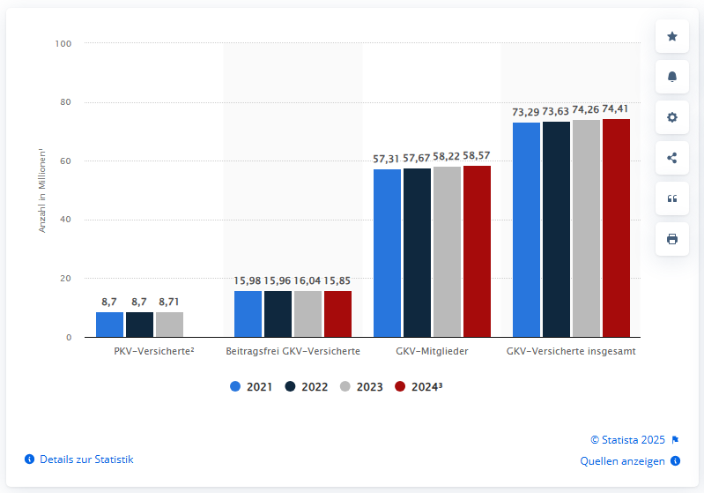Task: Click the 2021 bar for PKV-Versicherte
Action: [109, 325]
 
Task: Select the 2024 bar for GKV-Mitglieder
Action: [477, 251]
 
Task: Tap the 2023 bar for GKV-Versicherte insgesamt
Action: [586, 228]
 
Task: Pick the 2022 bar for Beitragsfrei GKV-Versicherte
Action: [278, 314]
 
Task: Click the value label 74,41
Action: [616, 108]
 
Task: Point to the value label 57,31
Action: [387, 158]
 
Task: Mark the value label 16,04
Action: [308, 280]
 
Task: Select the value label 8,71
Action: [169, 302]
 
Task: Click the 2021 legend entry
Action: [251, 386]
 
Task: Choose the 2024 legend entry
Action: [418, 386]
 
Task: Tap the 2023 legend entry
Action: [361, 386]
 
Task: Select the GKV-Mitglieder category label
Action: [432, 351]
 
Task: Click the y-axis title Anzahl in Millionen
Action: [41, 190]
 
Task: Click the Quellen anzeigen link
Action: [623, 460]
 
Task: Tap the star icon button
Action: [672, 36]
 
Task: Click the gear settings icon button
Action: [672, 117]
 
